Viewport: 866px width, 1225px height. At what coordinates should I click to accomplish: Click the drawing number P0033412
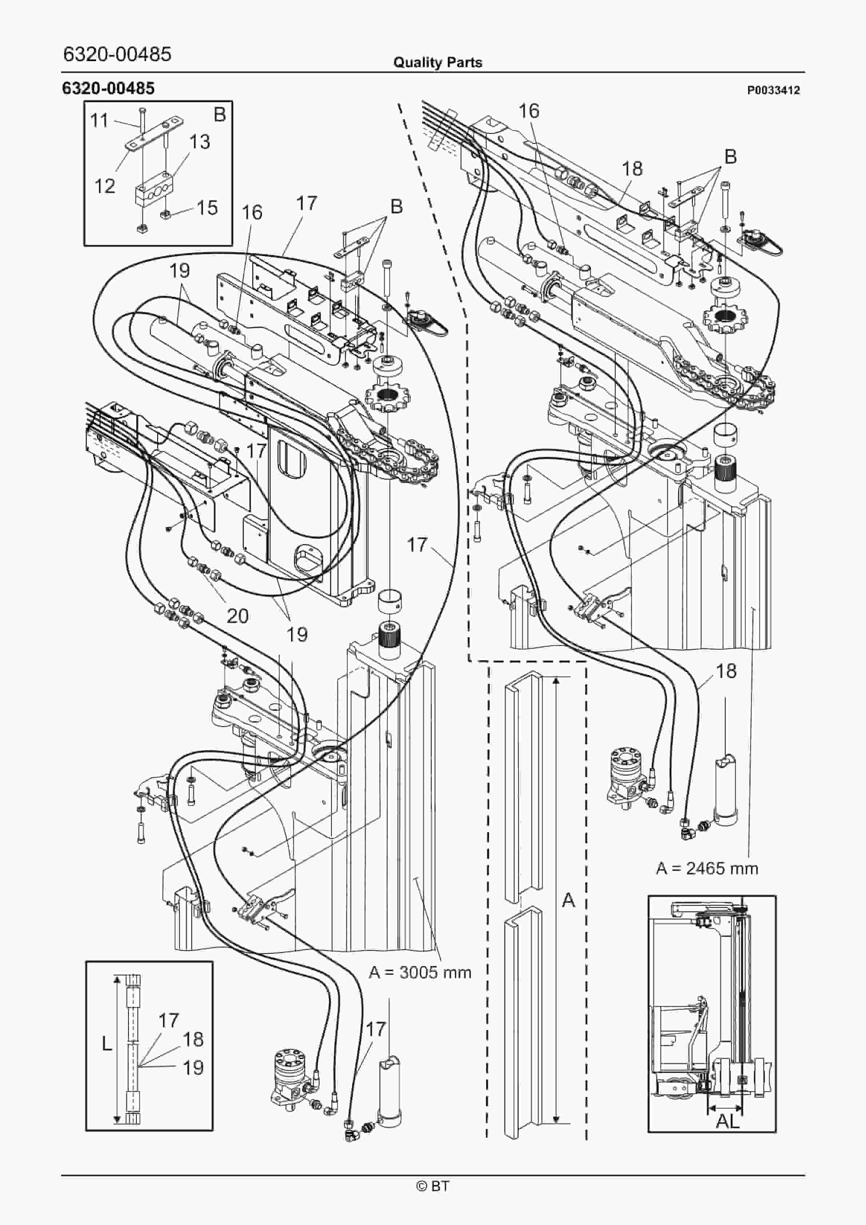(773, 91)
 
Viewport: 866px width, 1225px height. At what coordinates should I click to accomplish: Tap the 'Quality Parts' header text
(437, 63)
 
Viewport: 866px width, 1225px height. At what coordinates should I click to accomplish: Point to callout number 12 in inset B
(105, 186)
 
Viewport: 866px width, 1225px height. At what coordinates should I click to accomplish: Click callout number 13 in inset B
(199, 142)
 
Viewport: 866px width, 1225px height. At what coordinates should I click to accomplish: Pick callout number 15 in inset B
(207, 208)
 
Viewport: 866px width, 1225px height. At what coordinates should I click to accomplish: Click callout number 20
(238, 616)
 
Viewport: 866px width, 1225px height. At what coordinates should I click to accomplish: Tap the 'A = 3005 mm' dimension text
(420, 972)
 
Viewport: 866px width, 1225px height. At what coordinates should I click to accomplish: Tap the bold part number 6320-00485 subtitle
(108, 88)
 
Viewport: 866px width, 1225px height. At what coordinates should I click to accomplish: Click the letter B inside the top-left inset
(219, 114)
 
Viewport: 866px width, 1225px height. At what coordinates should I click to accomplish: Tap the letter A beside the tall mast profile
(569, 900)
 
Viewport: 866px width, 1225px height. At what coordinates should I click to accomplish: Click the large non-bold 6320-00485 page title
(117, 54)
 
